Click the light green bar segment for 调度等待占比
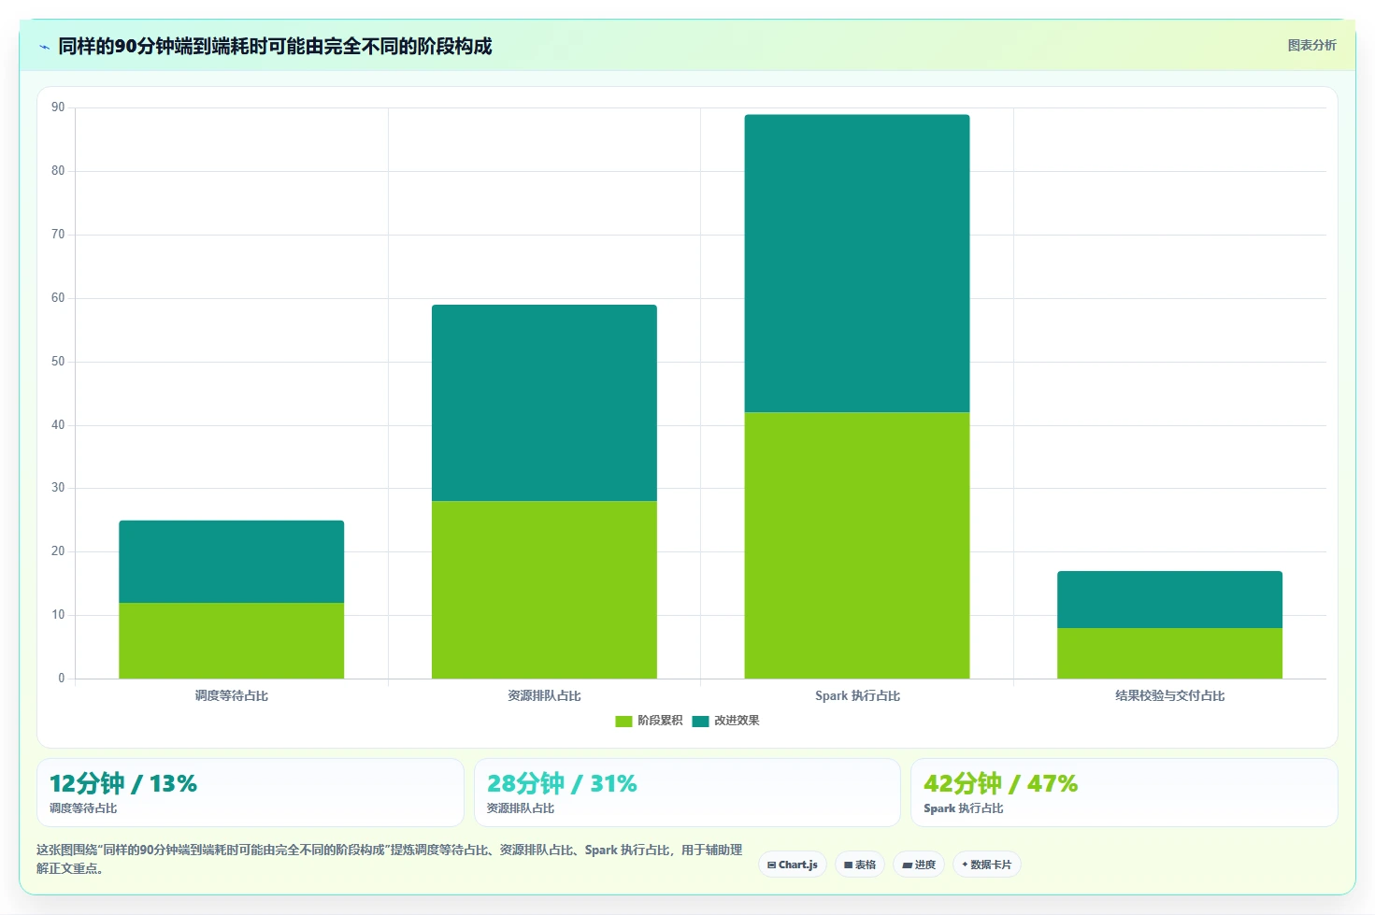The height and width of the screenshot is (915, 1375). tap(232, 640)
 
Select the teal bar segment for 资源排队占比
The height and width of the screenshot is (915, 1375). tap(544, 403)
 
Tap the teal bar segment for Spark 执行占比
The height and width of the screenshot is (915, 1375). tap(857, 264)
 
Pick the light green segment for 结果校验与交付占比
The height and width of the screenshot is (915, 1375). tap(1169, 653)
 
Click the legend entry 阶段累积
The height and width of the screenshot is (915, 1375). tap(649, 721)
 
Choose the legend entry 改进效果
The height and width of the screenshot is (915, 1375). tap(725, 721)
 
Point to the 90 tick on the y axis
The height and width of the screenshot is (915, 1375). tap(58, 107)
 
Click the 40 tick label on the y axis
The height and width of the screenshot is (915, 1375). tap(58, 424)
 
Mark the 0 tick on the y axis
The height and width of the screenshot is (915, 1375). tap(61, 679)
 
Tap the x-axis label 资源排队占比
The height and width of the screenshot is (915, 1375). tap(544, 696)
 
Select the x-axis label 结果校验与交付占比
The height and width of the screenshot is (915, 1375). tap(1169, 696)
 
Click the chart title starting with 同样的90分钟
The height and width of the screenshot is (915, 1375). tap(275, 47)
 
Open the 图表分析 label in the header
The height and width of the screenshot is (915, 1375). tap(1311, 46)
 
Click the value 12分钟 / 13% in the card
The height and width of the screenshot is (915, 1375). tap(122, 783)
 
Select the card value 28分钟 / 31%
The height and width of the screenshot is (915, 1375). tap(562, 783)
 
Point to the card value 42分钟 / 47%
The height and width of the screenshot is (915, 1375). tap(1000, 783)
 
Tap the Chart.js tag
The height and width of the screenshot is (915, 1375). tap(793, 865)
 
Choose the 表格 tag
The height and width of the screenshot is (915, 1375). tap(859, 865)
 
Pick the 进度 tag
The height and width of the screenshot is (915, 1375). tap(918, 865)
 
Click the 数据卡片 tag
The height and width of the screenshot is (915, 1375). tap(986, 865)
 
